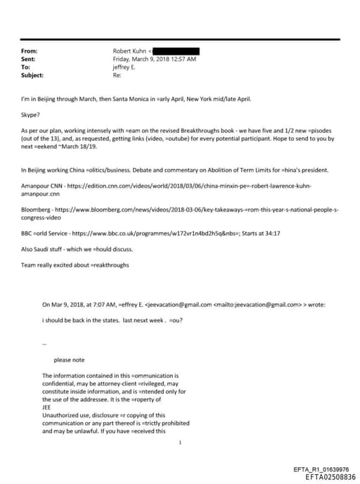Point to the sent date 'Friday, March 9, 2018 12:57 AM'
(x=155, y=59)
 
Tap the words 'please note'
(x=69, y=359)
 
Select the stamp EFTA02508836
(x=326, y=476)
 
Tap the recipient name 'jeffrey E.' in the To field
(x=127, y=66)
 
